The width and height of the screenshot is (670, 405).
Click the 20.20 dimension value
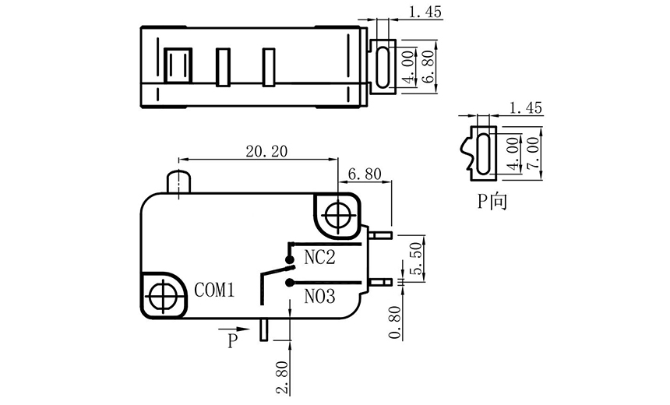[266, 152]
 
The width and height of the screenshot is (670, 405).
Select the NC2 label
[319, 258]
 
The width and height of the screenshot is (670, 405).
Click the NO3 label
[319, 296]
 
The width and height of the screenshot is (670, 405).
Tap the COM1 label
[215, 291]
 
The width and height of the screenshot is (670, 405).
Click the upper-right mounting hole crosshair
[338, 213]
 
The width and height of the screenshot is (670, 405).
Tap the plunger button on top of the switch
[179, 181]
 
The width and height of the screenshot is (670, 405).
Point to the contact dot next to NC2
[289, 259]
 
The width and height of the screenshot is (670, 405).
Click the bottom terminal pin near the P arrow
[264, 329]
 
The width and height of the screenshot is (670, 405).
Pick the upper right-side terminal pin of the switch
[380, 234]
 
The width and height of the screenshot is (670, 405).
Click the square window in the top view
[178, 65]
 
